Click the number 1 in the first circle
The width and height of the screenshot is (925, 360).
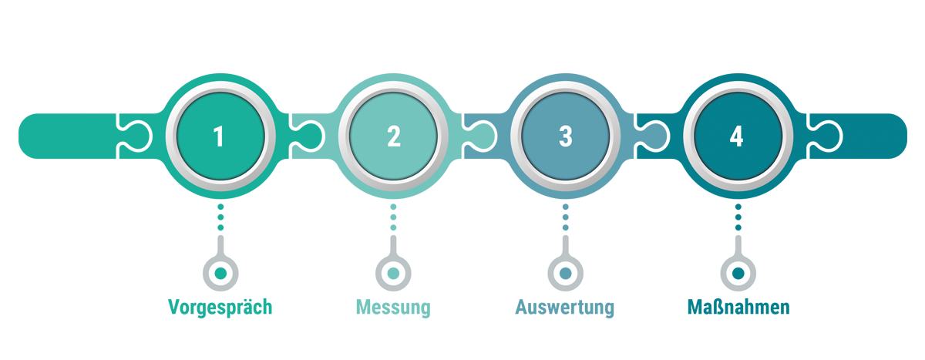pyautogui.click(x=220, y=136)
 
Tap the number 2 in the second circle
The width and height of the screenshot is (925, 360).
pyautogui.click(x=393, y=136)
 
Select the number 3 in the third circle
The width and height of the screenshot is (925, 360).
pyautogui.click(x=565, y=136)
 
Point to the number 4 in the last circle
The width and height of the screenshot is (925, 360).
pyautogui.click(x=737, y=136)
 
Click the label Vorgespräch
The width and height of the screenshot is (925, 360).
pyautogui.click(x=220, y=308)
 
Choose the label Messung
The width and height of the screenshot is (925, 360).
pyautogui.click(x=393, y=308)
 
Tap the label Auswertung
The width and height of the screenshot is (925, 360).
pyautogui.click(x=565, y=308)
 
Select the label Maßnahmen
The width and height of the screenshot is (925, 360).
pyautogui.click(x=738, y=308)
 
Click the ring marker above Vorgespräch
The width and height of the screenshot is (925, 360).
pyautogui.click(x=220, y=272)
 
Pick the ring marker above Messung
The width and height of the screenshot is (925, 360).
pyautogui.click(x=393, y=272)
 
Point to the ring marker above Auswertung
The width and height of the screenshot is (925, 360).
pyautogui.click(x=565, y=272)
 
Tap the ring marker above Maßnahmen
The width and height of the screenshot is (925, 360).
pyautogui.click(x=738, y=272)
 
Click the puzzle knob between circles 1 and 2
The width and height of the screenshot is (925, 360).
pyautogui.click(x=304, y=136)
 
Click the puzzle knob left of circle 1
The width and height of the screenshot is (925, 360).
pyautogui.click(x=130, y=136)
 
